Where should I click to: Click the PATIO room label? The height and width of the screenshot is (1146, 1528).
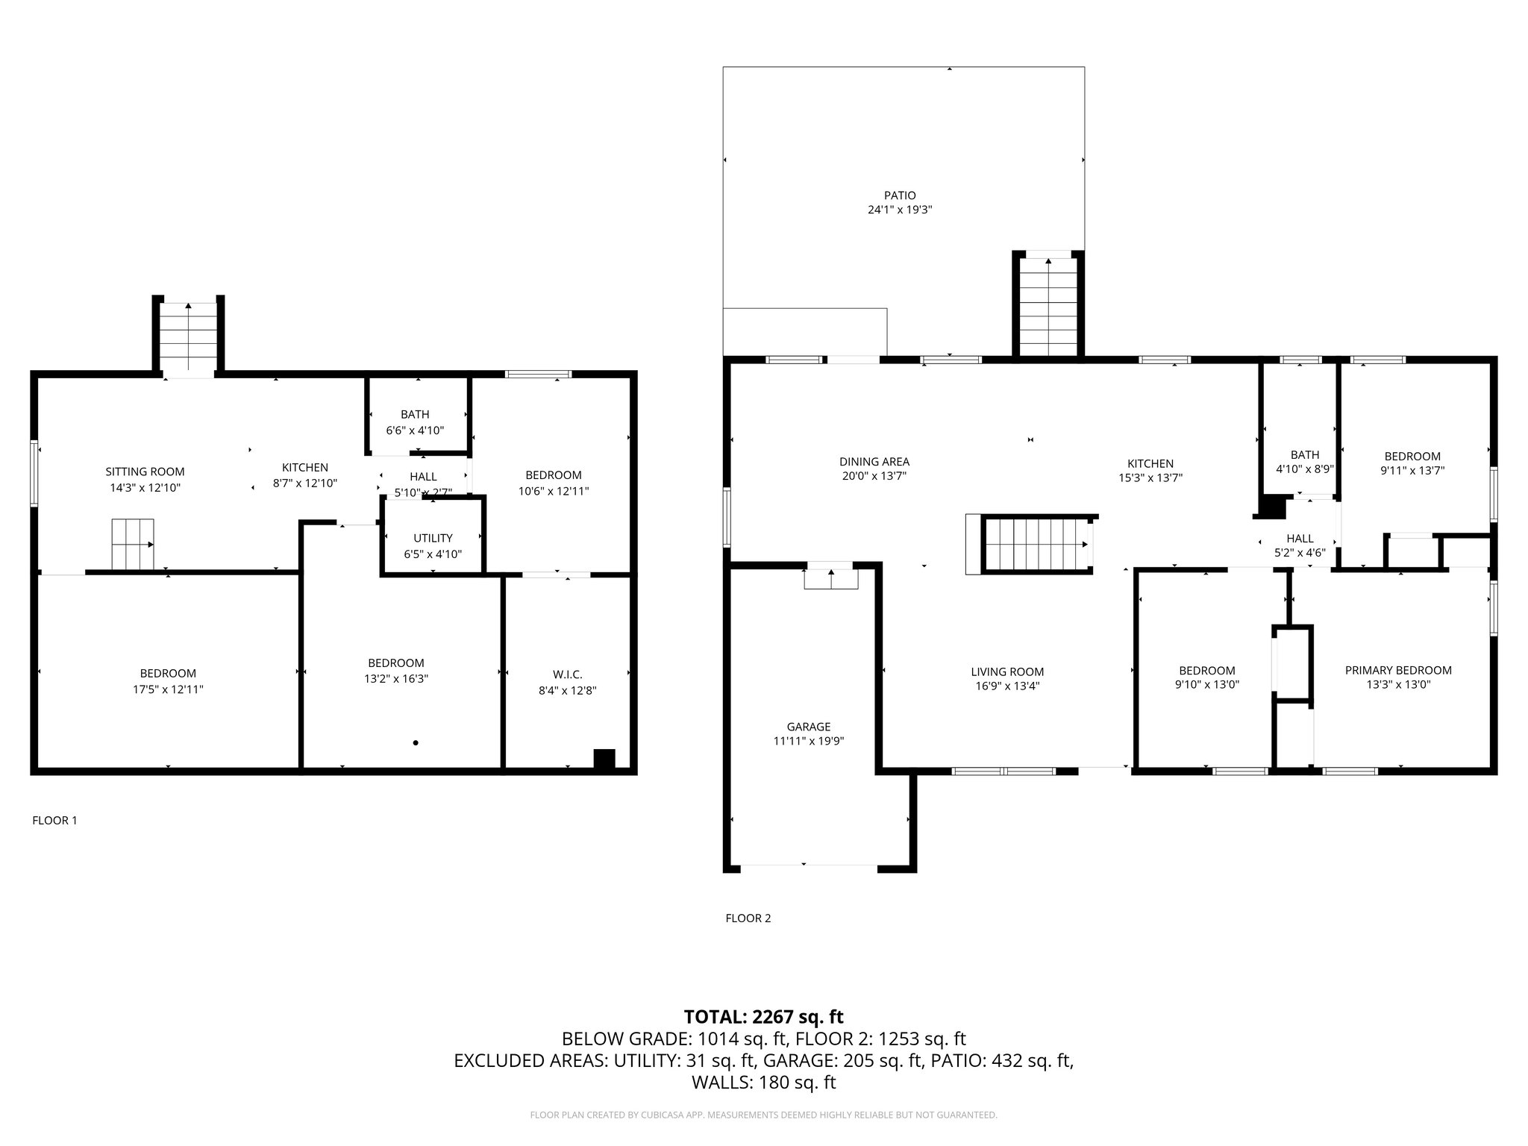point(900,195)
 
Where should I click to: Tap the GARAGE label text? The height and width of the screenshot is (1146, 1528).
point(808,727)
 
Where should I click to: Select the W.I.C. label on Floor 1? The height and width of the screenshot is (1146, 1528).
point(567,674)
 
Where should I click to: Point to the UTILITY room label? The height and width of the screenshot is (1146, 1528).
point(433,538)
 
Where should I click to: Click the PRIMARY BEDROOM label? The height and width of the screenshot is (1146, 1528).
point(1398,670)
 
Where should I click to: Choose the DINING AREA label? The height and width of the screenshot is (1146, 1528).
point(874,462)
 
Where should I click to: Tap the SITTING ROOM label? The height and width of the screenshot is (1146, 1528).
point(145,472)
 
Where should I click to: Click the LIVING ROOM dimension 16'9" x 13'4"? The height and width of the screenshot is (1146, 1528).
point(1007,686)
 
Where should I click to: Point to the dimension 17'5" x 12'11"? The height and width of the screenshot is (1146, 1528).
point(168,689)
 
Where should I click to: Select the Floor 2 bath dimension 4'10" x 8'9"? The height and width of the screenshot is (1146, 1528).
point(1305,470)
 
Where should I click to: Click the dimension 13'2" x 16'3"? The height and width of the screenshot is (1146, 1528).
point(395,679)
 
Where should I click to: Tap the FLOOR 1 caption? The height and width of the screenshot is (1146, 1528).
point(54,821)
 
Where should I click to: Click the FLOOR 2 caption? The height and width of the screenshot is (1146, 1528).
point(748,918)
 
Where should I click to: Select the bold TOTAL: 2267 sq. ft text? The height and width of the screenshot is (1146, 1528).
point(763,1017)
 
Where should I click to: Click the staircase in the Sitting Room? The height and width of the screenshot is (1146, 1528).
point(133,544)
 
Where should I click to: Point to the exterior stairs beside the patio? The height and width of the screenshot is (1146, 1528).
point(1048,307)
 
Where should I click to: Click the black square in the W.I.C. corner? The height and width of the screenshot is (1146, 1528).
point(604,758)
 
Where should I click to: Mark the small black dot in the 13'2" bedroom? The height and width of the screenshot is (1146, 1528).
point(416,742)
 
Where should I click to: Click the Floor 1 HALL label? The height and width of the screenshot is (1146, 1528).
point(423,477)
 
